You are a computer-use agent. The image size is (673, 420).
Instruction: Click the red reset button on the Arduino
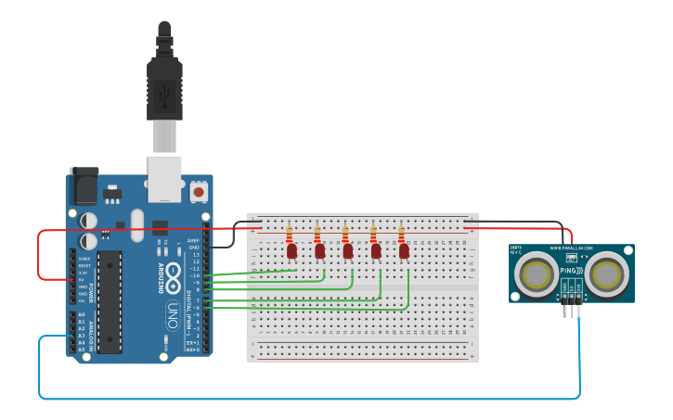point(198,192)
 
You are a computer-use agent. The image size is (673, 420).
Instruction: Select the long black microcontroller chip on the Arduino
point(110,301)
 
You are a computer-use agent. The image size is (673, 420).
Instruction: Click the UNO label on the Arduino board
point(173,312)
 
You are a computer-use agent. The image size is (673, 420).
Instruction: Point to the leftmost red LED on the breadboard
point(291,251)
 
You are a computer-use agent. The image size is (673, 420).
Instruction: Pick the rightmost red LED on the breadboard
point(404,251)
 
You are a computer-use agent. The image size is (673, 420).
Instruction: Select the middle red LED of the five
point(348,251)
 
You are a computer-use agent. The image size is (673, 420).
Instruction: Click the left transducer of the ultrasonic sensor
point(538,274)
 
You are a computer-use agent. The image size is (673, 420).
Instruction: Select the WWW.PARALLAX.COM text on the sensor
point(570,248)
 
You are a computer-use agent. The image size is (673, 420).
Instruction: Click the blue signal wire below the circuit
point(306,399)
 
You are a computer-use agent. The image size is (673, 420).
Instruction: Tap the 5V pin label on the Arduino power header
point(83,279)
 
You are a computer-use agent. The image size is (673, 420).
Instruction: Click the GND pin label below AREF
point(194,248)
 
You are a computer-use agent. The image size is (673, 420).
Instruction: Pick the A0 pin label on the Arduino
point(82,315)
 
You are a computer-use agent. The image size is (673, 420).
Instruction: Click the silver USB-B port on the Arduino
point(165,178)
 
